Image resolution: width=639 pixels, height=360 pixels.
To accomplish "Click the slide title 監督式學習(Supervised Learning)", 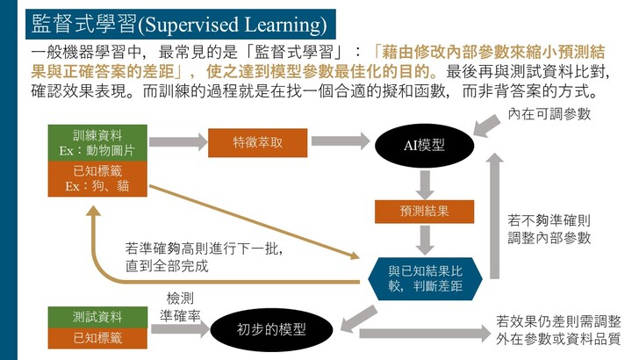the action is (180, 24).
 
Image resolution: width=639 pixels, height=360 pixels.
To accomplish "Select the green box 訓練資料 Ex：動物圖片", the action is (97, 143).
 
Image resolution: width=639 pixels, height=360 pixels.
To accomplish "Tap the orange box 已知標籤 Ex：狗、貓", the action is (97, 178).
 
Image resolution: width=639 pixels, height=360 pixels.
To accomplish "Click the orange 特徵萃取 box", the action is (257, 143).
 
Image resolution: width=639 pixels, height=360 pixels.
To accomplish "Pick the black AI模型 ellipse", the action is (424, 146).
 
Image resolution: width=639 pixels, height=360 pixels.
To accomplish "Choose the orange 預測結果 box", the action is (424, 212).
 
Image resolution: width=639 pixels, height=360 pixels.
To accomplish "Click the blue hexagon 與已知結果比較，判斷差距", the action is (425, 279).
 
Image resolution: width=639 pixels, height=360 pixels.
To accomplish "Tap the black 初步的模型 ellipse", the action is (271, 329).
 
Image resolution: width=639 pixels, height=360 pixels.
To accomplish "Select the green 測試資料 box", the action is (97, 317).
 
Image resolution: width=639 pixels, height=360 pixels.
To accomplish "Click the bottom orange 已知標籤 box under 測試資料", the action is (97, 338).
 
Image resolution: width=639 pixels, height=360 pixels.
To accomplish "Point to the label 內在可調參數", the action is (549, 114).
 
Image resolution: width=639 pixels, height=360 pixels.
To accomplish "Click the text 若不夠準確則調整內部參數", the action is (549, 229).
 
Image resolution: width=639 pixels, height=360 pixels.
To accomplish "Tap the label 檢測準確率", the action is (180, 307).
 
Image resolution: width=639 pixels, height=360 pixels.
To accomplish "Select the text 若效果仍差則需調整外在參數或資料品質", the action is (558, 330).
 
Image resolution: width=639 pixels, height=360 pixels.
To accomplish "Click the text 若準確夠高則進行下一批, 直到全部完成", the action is (204, 257).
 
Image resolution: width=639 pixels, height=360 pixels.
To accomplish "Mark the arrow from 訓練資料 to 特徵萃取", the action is (178, 142).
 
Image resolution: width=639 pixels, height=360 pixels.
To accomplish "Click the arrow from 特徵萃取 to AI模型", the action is (341, 141).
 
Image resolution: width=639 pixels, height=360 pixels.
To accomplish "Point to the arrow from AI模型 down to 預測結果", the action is (425, 184).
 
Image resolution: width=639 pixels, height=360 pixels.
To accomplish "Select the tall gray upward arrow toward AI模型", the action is (495, 216).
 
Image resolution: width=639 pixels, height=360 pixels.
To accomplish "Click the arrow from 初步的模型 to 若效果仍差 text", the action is (425, 334).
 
